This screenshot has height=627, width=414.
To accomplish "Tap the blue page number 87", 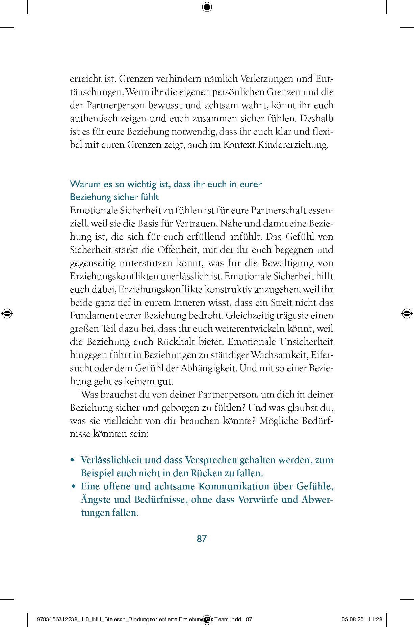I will [202, 539].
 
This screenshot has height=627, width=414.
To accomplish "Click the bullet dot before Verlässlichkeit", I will [72, 460].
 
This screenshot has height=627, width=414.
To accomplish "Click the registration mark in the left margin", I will [6, 313].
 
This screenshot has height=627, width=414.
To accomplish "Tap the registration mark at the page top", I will [207, 6].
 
